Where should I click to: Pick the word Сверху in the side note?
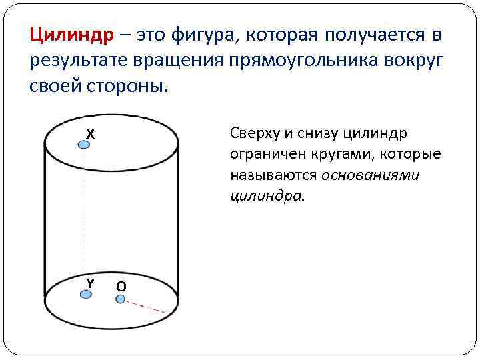click(x=253, y=133)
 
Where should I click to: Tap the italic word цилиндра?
click(x=265, y=197)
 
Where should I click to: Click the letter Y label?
click(x=89, y=283)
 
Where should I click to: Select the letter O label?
click(x=121, y=287)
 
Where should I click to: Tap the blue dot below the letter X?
click(x=84, y=145)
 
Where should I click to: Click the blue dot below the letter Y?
click(x=85, y=294)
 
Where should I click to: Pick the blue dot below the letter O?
click(x=121, y=299)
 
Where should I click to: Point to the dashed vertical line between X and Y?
click(x=85, y=220)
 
